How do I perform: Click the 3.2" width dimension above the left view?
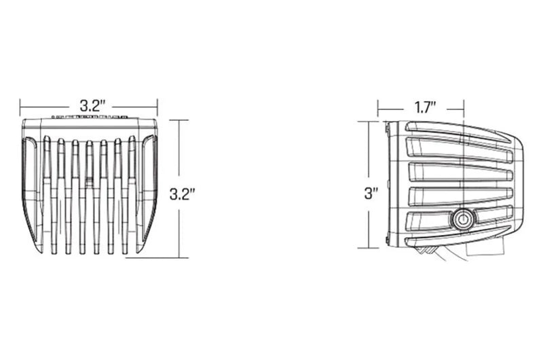92,106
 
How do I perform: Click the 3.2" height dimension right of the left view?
181,194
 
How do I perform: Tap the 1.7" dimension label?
425,108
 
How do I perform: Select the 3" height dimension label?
371,193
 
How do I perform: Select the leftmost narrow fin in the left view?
48,194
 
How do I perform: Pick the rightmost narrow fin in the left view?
132,194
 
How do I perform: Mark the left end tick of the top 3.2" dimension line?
20,107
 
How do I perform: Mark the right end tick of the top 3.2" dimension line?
157,107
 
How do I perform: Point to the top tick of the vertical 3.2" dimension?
179,120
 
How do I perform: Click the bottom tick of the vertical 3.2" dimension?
179,257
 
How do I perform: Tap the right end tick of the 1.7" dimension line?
464,109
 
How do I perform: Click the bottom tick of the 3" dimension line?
369,248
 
